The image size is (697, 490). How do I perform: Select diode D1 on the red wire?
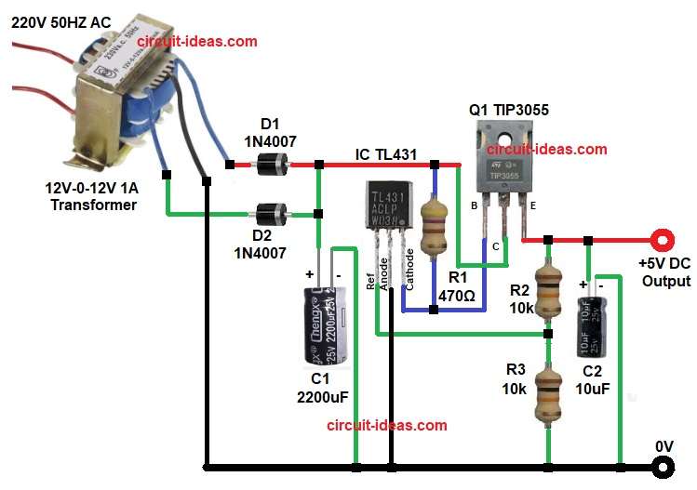[x=271, y=165]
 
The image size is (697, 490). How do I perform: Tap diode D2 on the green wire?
[x=271, y=216]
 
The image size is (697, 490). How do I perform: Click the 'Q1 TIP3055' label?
[x=509, y=110]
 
